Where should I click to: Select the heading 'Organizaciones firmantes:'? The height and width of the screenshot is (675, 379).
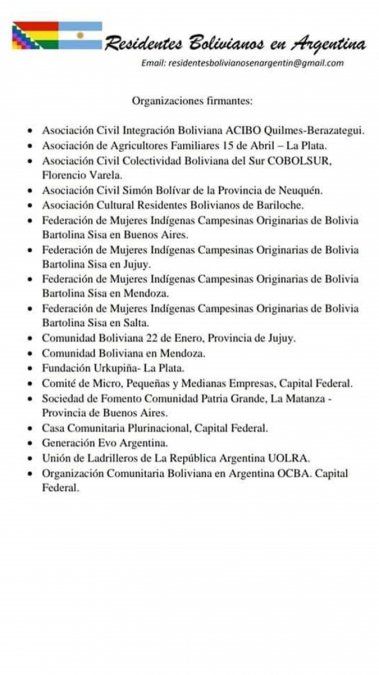click(192, 101)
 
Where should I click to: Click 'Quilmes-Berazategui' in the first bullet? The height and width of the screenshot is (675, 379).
click(320, 130)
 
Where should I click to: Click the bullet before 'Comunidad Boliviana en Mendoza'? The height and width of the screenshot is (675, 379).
click(32, 354)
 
